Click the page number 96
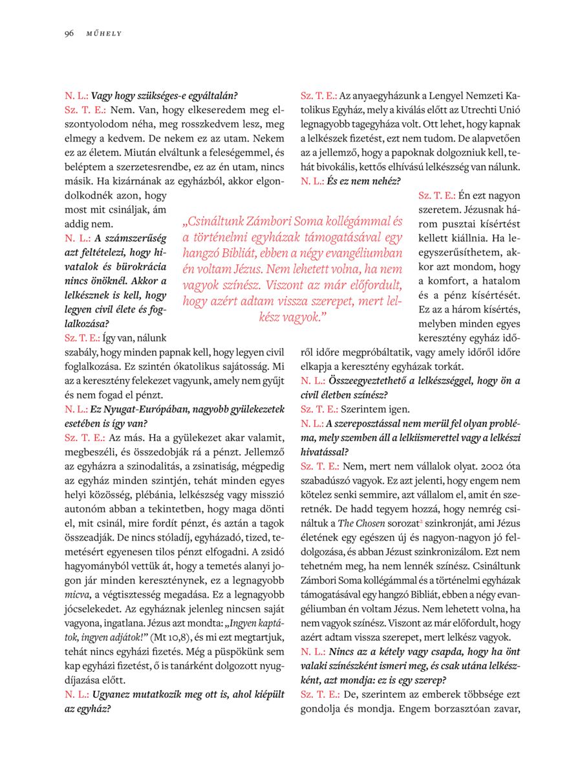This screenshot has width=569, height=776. (x=69, y=33)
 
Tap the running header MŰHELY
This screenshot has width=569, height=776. (x=103, y=34)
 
